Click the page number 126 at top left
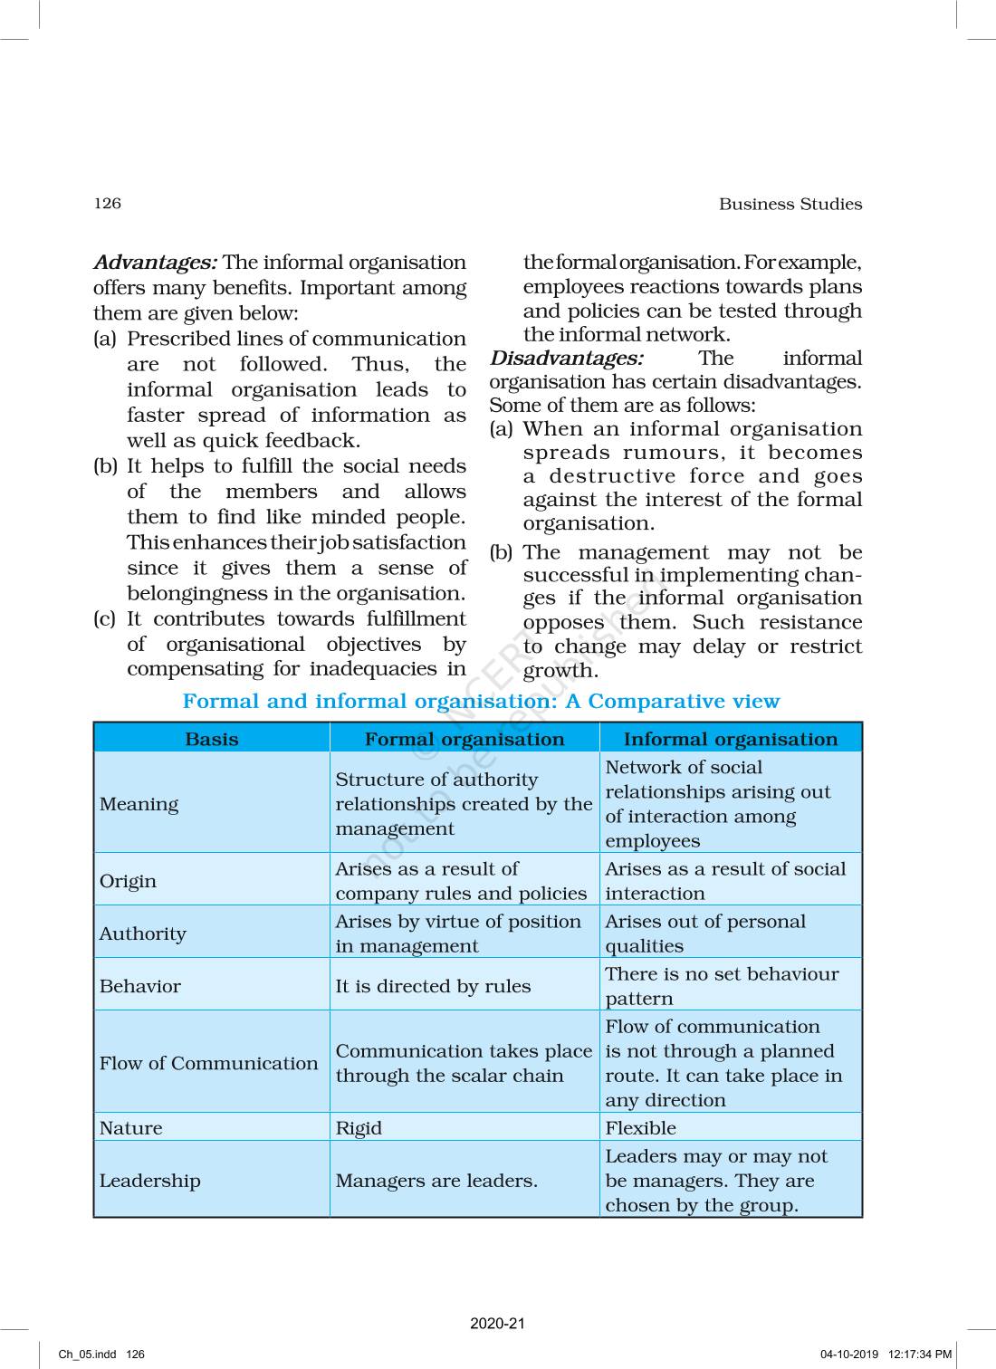click(107, 203)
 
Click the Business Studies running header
click(790, 204)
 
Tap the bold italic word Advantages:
click(155, 263)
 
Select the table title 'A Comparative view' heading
click(481, 701)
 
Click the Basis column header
click(211, 739)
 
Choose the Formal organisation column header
click(464, 739)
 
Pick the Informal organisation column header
click(730, 739)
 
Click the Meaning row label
click(139, 804)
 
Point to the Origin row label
click(128, 881)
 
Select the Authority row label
click(142, 933)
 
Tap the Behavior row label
click(139, 986)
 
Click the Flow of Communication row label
click(208, 1063)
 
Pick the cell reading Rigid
click(359, 1128)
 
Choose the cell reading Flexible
click(640, 1128)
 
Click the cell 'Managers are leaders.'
click(436, 1181)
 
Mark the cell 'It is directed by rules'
click(433, 986)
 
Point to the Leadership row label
click(149, 1181)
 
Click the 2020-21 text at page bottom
click(497, 1324)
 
